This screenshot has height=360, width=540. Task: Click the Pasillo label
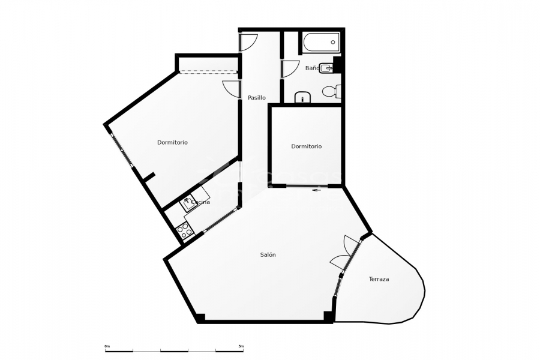click(x=257, y=98)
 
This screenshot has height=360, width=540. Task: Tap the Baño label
click(x=312, y=68)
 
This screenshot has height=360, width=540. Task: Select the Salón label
click(x=268, y=255)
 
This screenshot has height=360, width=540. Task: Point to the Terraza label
click(x=379, y=279)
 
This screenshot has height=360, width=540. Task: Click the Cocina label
click(x=200, y=203)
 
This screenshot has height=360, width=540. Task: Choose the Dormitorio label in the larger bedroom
click(x=172, y=143)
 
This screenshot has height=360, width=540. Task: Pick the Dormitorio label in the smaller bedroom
click(x=306, y=146)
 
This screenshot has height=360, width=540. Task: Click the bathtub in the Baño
click(x=321, y=43)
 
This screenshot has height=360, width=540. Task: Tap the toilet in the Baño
click(x=331, y=92)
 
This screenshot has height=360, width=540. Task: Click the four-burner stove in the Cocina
click(x=184, y=229)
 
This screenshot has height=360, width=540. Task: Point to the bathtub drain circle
click(x=334, y=43)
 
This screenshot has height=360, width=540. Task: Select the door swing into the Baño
click(x=290, y=68)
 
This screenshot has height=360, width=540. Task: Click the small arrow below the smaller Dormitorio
click(x=317, y=191)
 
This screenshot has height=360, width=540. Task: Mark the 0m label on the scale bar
click(x=107, y=346)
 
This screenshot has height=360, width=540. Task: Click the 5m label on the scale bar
click(x=241, y=346)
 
